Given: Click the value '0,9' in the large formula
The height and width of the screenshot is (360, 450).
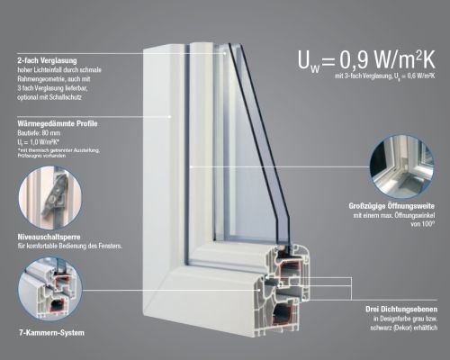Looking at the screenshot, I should [x=356, y=60].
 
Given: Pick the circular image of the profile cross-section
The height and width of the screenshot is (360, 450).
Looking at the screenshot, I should [x=49, y=289].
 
